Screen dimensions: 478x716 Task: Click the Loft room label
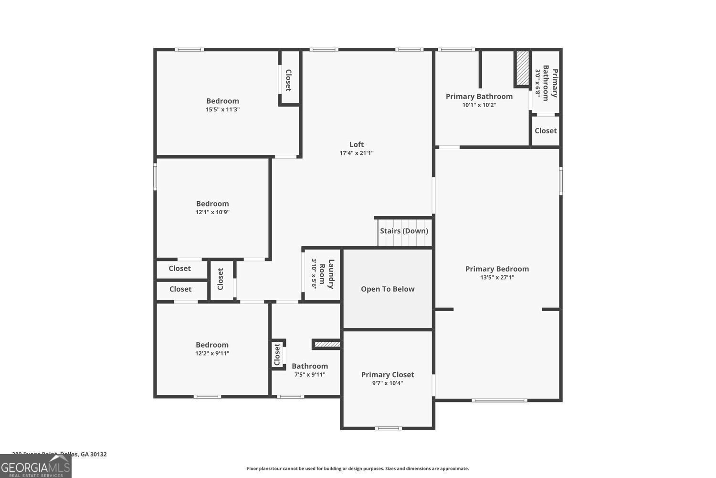357,144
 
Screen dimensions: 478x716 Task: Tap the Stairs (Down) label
404,231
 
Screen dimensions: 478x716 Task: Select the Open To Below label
388,289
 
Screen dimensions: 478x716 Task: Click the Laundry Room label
326,274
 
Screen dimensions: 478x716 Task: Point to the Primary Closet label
388,375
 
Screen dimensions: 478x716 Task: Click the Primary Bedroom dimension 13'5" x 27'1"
497,277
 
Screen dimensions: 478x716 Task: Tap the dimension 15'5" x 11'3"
222,109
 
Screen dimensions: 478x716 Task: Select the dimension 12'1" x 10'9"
212,212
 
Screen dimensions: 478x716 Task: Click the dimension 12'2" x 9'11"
212,354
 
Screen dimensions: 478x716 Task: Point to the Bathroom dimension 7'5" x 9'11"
310,375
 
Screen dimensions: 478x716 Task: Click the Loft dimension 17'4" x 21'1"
357,153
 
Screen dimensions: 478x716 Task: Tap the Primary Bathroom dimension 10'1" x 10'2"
479,105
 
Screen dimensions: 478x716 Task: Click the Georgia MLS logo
35,466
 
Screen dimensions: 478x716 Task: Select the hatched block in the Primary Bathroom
523,68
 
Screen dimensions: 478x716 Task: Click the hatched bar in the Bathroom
327,344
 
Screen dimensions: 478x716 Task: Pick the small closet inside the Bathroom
277,355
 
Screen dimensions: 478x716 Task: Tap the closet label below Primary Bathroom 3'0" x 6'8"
546,130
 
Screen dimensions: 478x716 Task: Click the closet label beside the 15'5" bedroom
288,80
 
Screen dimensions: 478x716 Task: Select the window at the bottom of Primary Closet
388,428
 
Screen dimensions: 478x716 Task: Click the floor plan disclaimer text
358,468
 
